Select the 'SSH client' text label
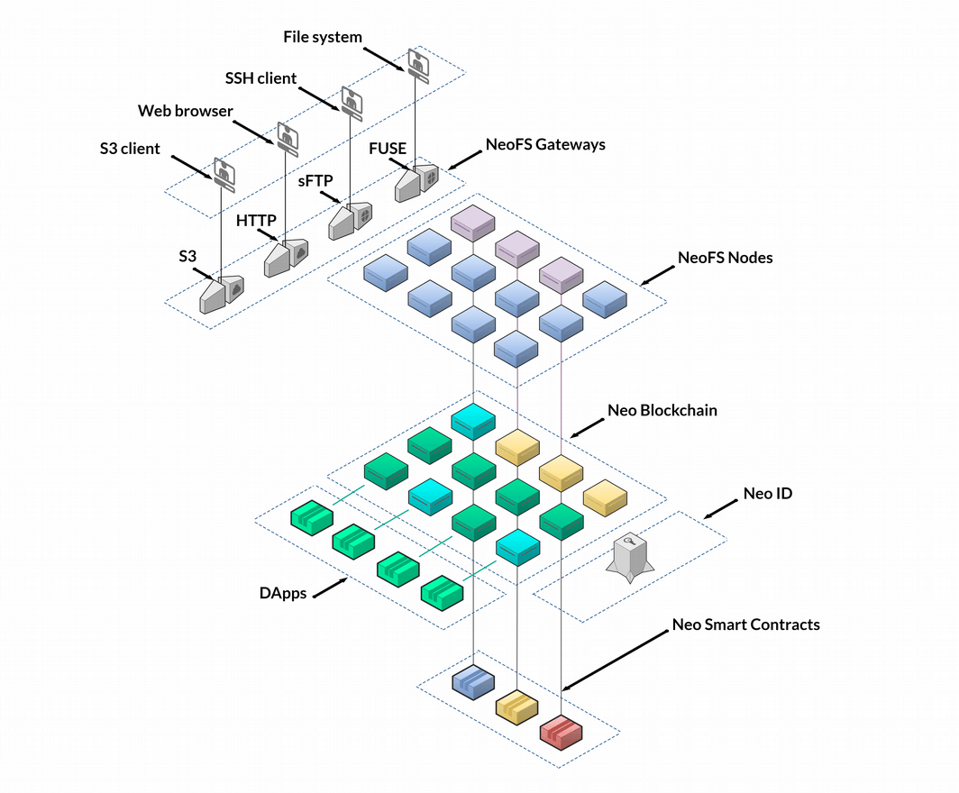[x=260, y=78]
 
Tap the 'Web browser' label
[x=185, y=111]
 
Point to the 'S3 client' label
[x=130, y=149]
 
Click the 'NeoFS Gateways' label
[x=545, y=143]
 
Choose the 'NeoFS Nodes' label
[x=725, y=258]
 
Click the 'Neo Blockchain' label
[x=662, y=410]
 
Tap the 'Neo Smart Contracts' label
[x=746, y=624]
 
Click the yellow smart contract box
[x=517, y=707]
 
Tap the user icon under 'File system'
[x=416, y=62]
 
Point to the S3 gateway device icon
[x=221, y=293]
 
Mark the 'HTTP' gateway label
[x=256, y=221]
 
